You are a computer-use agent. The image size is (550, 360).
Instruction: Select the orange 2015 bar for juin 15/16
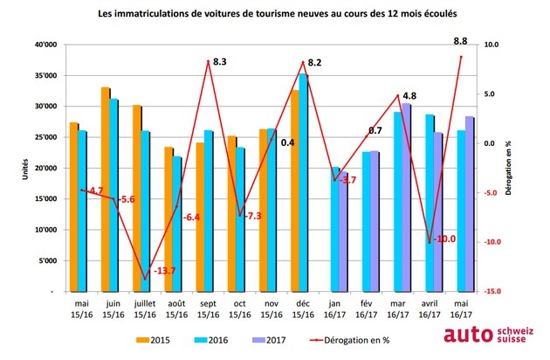click(x=105, y=189)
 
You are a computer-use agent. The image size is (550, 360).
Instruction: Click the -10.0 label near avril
click(x=444, y=238)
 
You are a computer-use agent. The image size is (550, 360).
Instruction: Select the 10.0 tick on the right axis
click(x=491, y=45)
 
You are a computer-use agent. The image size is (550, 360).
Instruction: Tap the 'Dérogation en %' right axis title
click(x=509, y=168)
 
